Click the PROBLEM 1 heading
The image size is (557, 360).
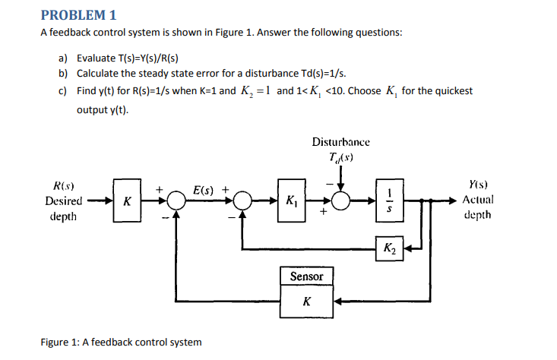[x=78, y=14]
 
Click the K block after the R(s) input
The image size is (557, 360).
[x=127, y=201]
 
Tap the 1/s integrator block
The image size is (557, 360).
[x=391, y=201]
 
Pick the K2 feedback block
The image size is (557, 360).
[x=388, y=248]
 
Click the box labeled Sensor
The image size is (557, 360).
[x=306, y=276]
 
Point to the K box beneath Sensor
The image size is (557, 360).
[x=306, y=302]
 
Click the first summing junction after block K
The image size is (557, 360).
[x=176, y=201]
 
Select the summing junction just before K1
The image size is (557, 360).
[x=242, y=201]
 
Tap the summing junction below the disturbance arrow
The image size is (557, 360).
[x=341, y=201]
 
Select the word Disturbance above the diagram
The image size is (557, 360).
[x=341, y=142]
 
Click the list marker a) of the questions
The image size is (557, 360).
[x=63, y=58]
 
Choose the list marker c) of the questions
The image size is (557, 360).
[x=63, y=90]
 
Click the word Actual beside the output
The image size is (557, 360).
[x=478, y=201]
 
